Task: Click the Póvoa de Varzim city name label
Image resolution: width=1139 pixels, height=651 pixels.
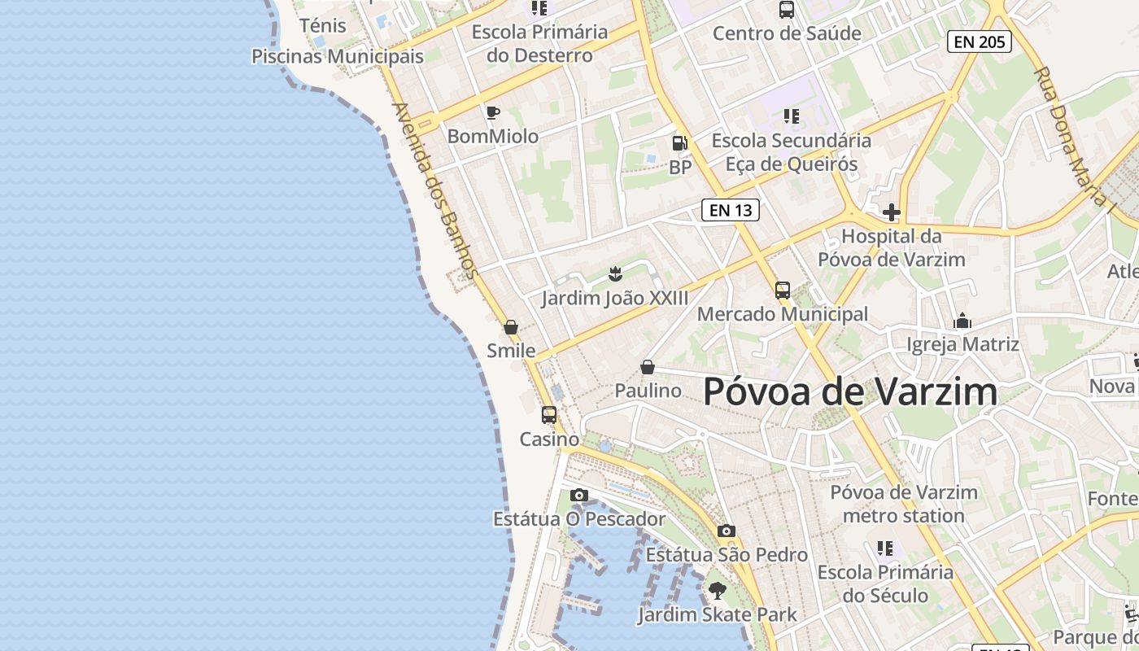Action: click(x=850, y=391)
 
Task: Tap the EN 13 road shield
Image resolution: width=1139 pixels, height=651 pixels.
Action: click(x=730, y=210)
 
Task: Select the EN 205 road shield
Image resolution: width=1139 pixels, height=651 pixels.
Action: click(x=979, y=42)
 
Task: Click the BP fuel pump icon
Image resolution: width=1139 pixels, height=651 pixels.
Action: click(x=679, y=143)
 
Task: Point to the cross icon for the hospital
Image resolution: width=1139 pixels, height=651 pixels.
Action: click(x=892, y=212)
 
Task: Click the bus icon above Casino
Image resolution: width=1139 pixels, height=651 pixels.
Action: click(x=549, y=414)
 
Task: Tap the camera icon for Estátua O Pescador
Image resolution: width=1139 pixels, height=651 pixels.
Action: click(x=579, y=495)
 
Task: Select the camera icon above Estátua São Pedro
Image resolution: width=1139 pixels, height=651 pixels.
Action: click(x=727, y=531)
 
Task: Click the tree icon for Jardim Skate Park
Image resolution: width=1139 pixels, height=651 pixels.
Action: click(x=717, y=590)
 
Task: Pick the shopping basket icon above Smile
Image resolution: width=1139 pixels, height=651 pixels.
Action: click(x=511, y=327)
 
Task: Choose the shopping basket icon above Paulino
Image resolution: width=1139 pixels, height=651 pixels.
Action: click(x=648, y=367)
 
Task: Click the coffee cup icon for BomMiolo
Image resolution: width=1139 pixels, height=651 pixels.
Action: click(x=492, y=112)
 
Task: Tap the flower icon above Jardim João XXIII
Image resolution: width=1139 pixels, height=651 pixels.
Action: click(x=615, y=273)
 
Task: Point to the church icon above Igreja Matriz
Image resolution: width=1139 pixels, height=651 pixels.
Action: click(x=962, y=321)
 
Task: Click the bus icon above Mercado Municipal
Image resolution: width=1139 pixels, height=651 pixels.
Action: click(x=782, y=290)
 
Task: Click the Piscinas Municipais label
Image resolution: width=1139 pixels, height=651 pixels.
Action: click(x=338, y=56)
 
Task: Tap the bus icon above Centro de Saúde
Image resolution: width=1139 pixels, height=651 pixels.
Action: click(x=786, y=10)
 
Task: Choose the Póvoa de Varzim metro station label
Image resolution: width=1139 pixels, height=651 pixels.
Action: click(x=904, y=504)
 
